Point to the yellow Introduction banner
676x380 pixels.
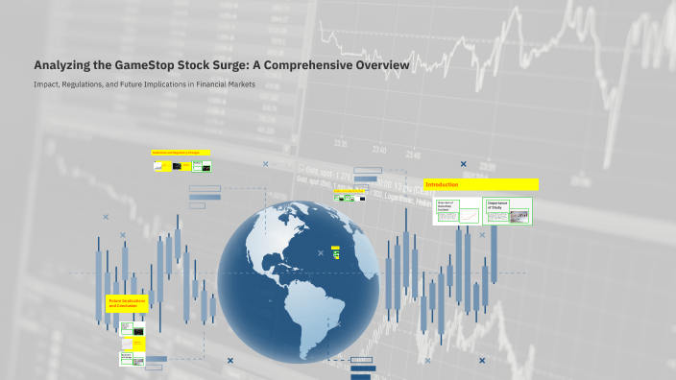pos(480,184)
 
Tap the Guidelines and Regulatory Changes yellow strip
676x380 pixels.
pos(181,153)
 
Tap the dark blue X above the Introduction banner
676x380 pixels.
pos(464,164)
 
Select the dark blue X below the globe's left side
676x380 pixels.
pos(229,361)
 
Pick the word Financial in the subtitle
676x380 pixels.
pos(213,85)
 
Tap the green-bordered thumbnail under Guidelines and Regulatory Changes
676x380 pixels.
pos(203,166)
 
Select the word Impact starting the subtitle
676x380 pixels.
pos(45,85)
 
